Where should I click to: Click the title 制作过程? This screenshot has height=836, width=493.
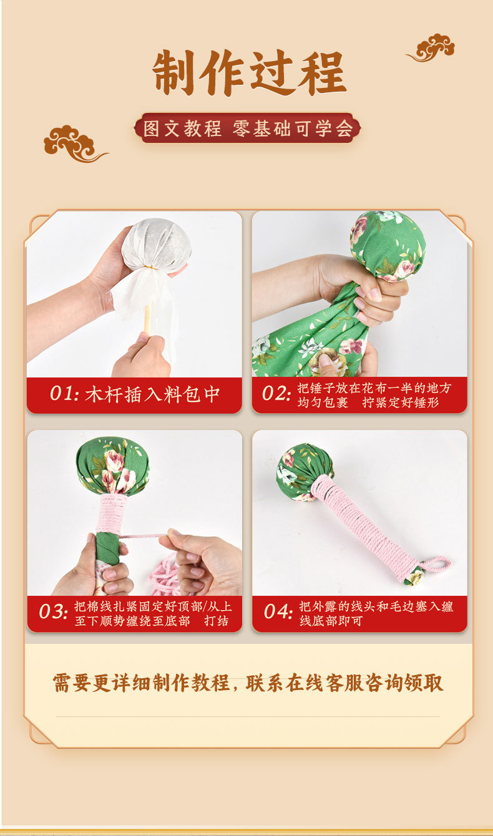pos(249,73)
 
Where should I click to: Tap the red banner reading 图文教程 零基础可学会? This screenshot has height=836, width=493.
pos(247,129)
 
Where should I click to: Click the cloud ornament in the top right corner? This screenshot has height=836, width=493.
pos(432,47)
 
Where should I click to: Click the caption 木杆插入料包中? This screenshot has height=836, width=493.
pos(153,394)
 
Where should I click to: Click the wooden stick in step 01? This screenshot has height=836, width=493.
pos(148,318)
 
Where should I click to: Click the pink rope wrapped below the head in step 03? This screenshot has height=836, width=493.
pos(111,513)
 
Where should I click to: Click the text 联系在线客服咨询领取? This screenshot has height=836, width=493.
pos(344,683)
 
